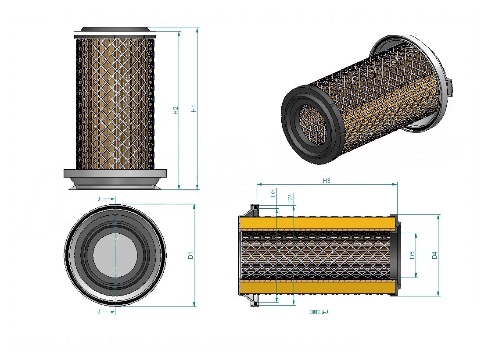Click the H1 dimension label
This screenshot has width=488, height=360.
194,108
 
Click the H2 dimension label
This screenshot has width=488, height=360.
176,110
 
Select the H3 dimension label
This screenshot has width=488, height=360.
326,181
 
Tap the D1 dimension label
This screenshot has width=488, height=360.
191,255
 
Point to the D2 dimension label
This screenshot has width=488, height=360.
291,198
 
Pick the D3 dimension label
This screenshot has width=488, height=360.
273,193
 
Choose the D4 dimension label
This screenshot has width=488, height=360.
434,255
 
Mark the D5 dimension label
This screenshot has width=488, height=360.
413,255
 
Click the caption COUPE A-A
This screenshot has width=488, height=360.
319,312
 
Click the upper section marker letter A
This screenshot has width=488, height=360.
99,199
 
